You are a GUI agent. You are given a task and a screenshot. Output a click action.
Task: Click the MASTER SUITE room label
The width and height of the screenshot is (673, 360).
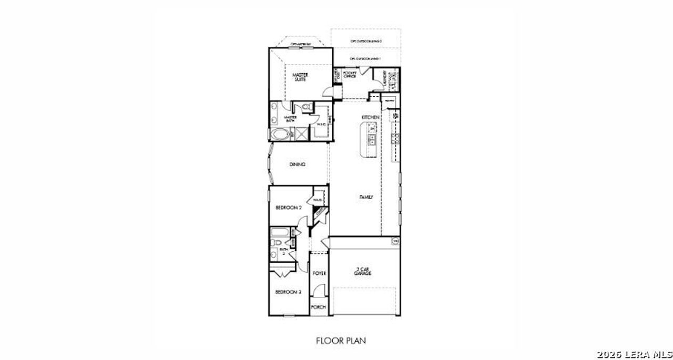tap(301, 77)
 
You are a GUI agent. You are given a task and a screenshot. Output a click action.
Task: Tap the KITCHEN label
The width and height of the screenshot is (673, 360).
tap(370, 117)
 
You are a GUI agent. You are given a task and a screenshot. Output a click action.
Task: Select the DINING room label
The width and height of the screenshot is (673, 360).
tap(297, 164)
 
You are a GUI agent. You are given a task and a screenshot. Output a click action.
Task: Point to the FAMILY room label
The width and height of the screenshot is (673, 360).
tap(366, 197)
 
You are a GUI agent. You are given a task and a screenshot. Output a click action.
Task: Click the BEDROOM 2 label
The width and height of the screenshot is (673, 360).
tap(289, 208)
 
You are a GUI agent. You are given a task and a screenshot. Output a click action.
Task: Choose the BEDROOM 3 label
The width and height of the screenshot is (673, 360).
tap(288, 292)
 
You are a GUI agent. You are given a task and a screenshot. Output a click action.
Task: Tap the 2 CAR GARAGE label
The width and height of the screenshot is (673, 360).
tap(362, 272)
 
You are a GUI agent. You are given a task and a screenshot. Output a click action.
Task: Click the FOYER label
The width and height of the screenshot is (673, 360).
tap(319, 274)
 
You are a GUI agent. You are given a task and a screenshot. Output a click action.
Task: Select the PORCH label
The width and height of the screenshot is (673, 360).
tap(319, 307)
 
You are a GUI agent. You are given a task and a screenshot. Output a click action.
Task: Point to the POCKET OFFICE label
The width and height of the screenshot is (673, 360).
tap(350, 75)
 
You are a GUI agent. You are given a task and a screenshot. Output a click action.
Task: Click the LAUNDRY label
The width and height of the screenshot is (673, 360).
tap(385, 79)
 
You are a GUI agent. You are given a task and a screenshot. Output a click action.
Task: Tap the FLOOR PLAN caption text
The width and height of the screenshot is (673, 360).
tap(341, 341)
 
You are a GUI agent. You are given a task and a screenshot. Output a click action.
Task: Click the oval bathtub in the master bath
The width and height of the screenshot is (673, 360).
tap(280, 135)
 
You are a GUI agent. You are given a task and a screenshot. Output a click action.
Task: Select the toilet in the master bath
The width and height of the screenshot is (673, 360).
tap(305, 107)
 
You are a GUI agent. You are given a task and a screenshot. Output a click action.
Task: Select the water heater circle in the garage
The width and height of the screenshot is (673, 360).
tap(395, 241)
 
